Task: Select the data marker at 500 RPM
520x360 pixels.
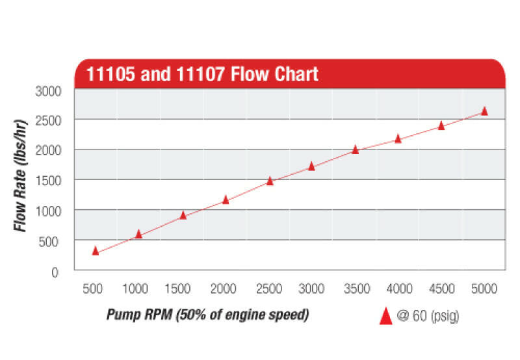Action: (x=96, y=251)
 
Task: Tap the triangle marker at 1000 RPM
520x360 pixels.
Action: (x=138, y=234)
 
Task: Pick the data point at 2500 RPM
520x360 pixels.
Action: (x=270, y=181)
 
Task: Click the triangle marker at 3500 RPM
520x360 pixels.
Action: (x=355, y=149)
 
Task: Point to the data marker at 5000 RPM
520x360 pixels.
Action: (x=484, y=111)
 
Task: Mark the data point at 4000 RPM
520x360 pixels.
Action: (x=398, y=139)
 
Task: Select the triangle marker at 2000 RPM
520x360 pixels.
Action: (x=226, y=200)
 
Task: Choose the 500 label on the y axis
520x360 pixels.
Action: (x=51, y=241)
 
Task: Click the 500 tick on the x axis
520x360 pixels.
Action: (x=95, y=288)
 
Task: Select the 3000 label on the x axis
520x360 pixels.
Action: (x=311, y=288)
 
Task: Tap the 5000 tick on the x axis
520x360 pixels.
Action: (x=484, y=288)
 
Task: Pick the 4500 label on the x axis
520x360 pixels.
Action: (x=441, y=288)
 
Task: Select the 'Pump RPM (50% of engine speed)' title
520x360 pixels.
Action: (x=207, y=315)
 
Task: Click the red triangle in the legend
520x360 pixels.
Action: (x=385, y=316)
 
